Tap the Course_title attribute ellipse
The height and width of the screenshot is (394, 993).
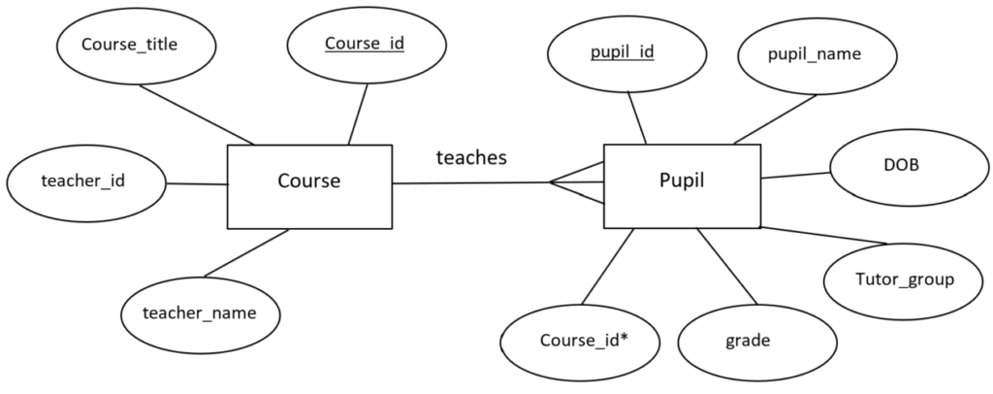[129, 45]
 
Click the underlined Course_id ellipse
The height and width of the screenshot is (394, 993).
[364, 45]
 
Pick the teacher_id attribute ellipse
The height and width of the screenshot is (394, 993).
[84, 181]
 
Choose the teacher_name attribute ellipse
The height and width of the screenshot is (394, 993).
[200, 312]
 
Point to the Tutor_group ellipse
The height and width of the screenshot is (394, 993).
[904, 279]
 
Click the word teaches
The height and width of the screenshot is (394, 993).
[471, 158]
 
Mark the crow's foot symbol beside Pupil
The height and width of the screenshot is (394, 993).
[577, 182]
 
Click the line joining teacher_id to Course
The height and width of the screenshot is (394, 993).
[195, 182]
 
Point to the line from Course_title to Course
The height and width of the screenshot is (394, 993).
[196, 115]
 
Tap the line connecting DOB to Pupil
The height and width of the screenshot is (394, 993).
[795, 175]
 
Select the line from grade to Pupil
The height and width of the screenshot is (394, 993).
[726, 265]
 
